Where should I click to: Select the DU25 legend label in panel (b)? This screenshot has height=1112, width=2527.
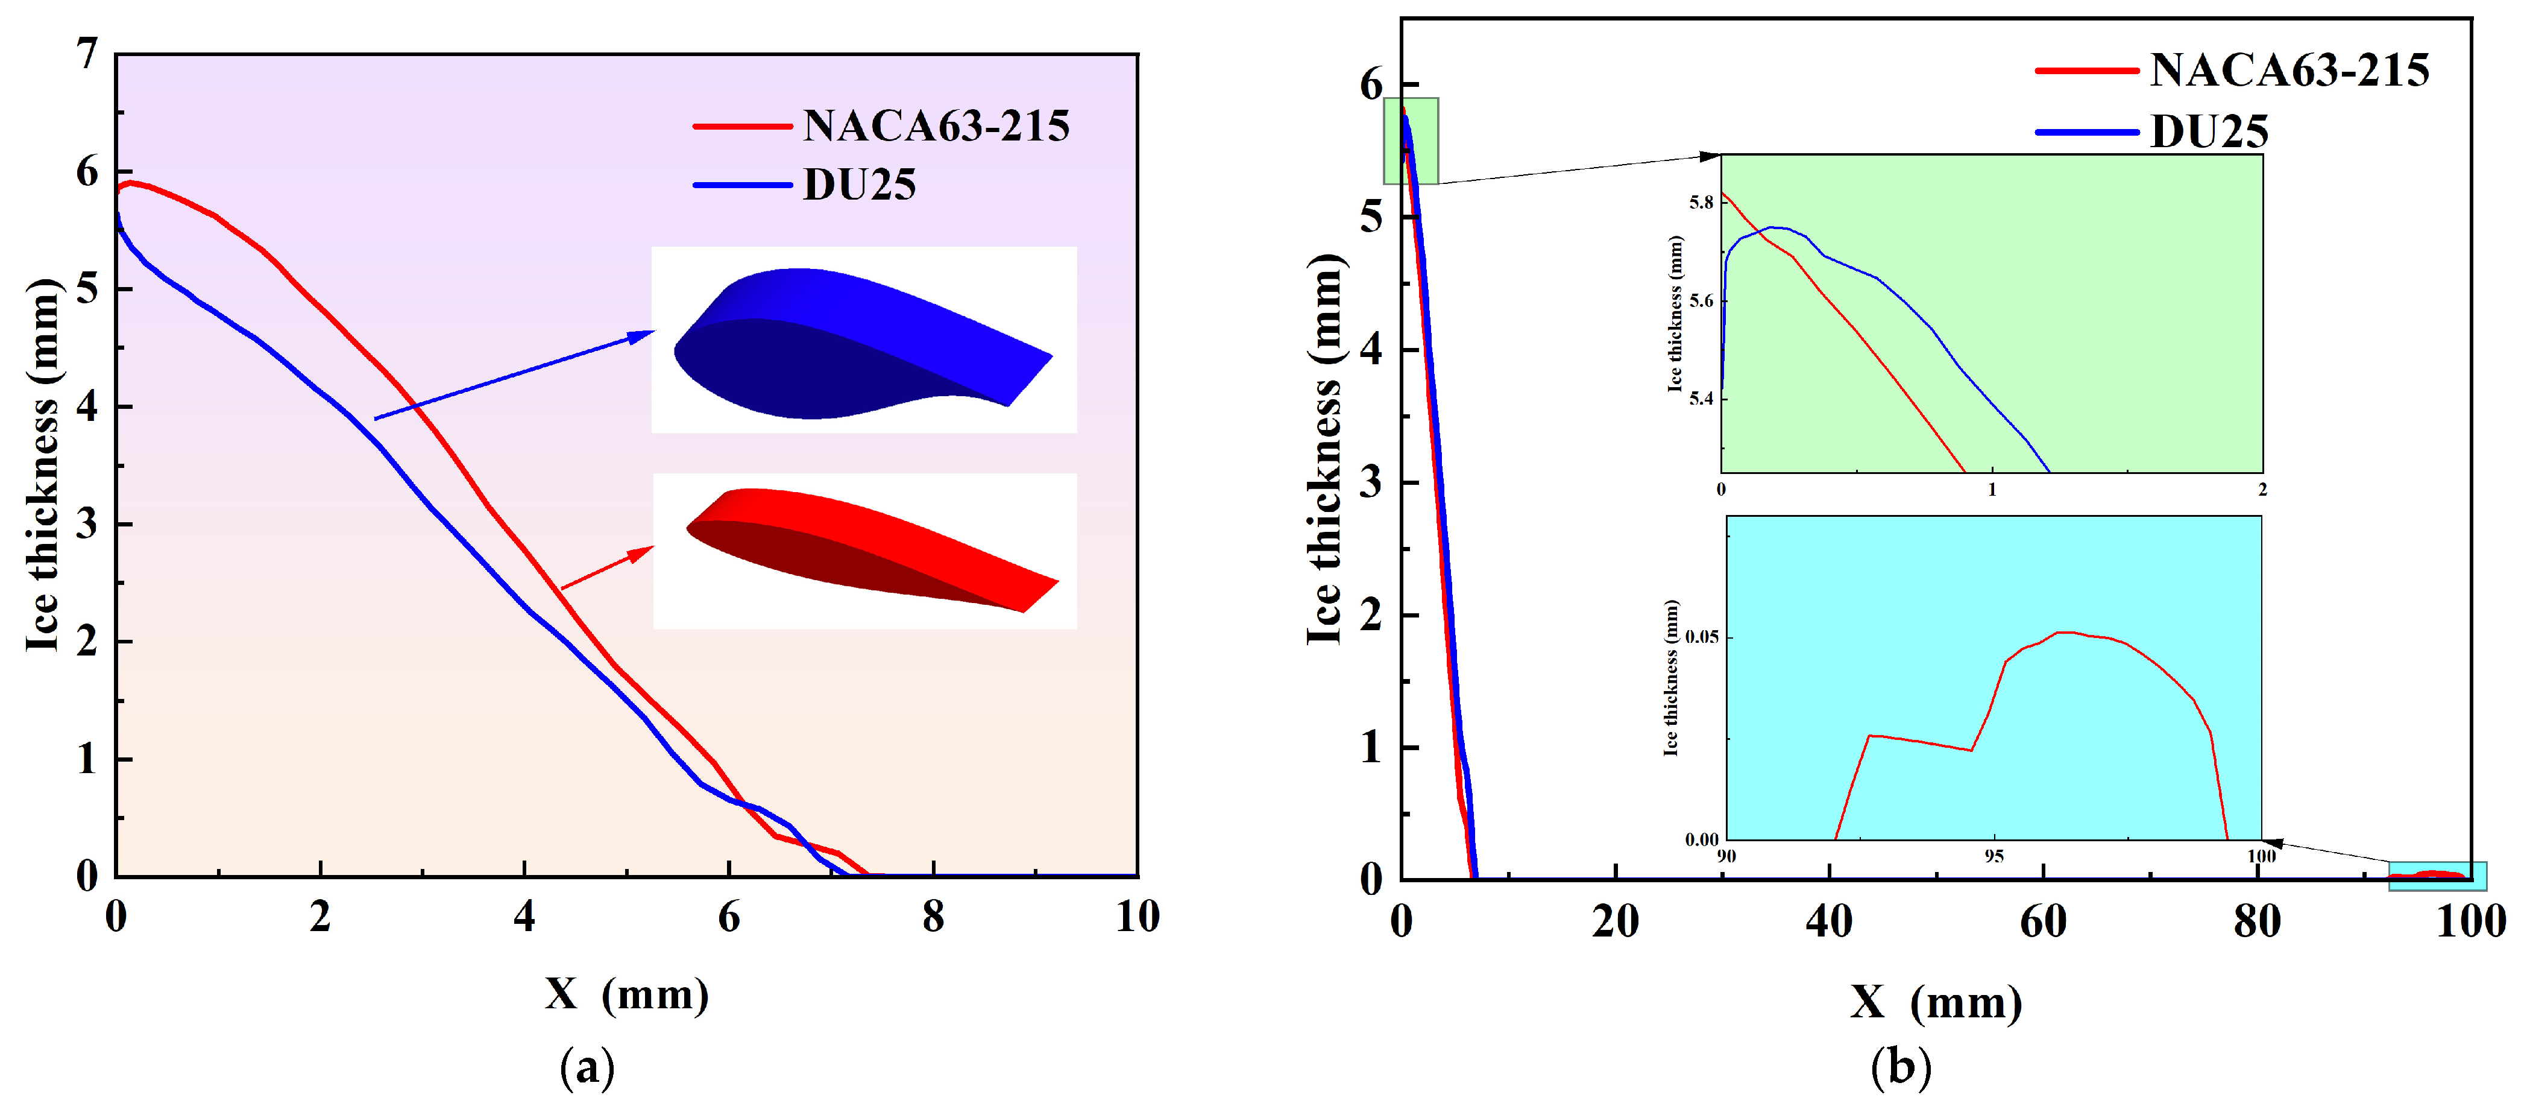(2209, 131)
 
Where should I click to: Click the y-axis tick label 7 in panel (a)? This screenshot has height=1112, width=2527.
(88, 54)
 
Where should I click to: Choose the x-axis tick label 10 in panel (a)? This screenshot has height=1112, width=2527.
(1137, 917)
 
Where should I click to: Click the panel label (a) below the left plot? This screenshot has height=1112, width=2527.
(587, 1067)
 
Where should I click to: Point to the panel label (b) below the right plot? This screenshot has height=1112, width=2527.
(1900, 1067)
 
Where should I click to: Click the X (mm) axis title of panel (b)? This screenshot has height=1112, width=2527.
(1936, 1002)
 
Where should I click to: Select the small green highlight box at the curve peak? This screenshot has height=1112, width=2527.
(1411, 141)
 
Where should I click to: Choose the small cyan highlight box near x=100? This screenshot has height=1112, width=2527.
(2437, 876)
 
